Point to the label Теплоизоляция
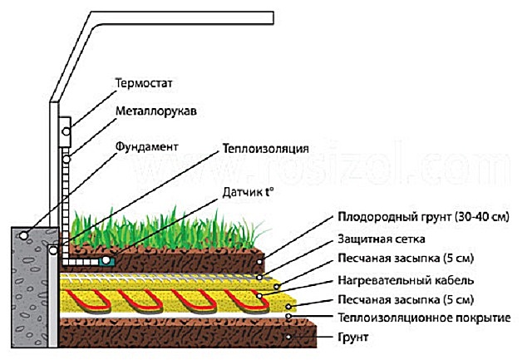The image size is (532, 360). point(265,150)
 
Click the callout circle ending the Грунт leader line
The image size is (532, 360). point(288,338)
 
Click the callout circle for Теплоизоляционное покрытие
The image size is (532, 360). point(288,317)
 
